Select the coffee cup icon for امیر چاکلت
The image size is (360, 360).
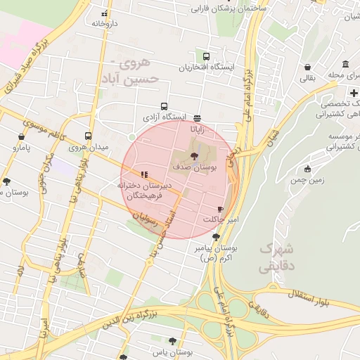click(x=220, y=210)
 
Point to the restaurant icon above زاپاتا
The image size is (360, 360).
click(x=196, y=118)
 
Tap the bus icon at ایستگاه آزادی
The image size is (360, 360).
click(x=165, y=106)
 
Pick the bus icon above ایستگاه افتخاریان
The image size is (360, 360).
click(x=206, y=56)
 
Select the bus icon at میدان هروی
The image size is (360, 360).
click(x=89, y=136)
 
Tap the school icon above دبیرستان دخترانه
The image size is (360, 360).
click(x=144, y=174)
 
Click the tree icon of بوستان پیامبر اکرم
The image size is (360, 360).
click(x=215, y=237)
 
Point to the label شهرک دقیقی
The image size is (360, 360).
click(x=277, y=258)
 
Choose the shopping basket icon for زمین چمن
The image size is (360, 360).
click(x=307, y=168)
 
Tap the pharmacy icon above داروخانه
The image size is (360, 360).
click(x=105, y=13)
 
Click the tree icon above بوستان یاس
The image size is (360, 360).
click(x=172, y=341)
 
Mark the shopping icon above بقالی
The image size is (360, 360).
click(x=308, y=67)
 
